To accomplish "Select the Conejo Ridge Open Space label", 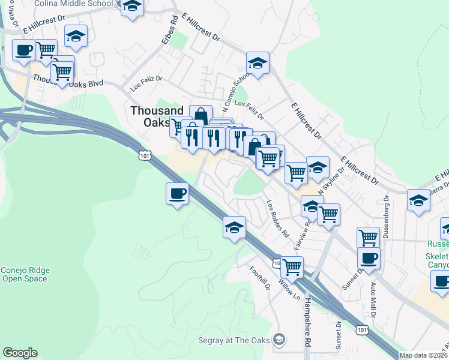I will point(25,274).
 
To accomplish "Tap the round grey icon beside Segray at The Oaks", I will point(279,340).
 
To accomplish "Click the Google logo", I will point(20,353).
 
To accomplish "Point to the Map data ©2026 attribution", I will point(424,355).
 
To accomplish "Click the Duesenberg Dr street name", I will point(386,216).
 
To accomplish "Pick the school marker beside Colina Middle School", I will point(132,7).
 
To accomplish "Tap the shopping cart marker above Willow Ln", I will point(292,266).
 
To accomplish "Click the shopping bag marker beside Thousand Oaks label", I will point(200,116).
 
